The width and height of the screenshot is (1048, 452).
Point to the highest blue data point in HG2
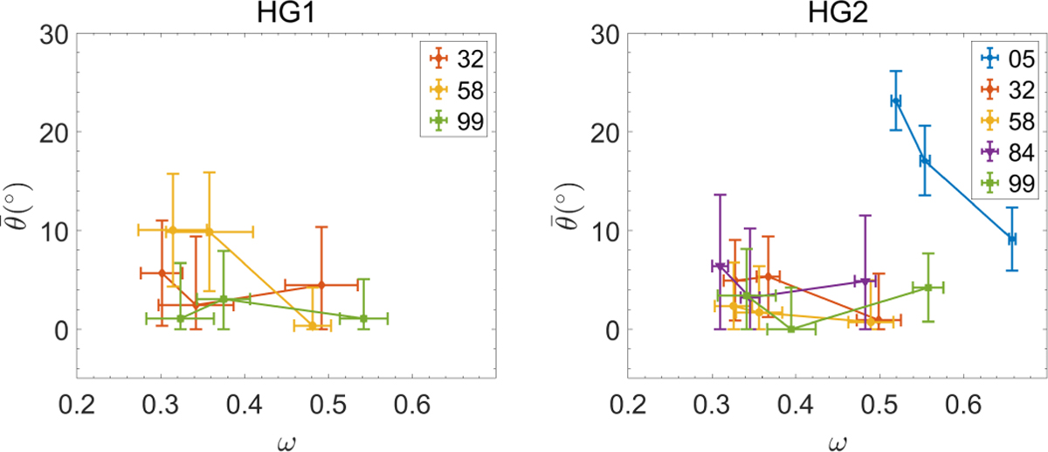[896, 101]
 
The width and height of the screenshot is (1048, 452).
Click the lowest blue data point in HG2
[1011, 239]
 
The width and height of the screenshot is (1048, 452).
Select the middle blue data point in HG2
[925, 161]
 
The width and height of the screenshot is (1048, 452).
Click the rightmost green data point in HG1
[363, 319]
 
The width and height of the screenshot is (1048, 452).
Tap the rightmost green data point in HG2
[928, 288]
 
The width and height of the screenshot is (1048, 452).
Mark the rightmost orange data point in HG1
[321, 285]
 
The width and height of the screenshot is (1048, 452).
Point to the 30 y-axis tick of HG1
[57, 34]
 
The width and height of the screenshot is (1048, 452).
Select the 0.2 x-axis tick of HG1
[78, 406]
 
